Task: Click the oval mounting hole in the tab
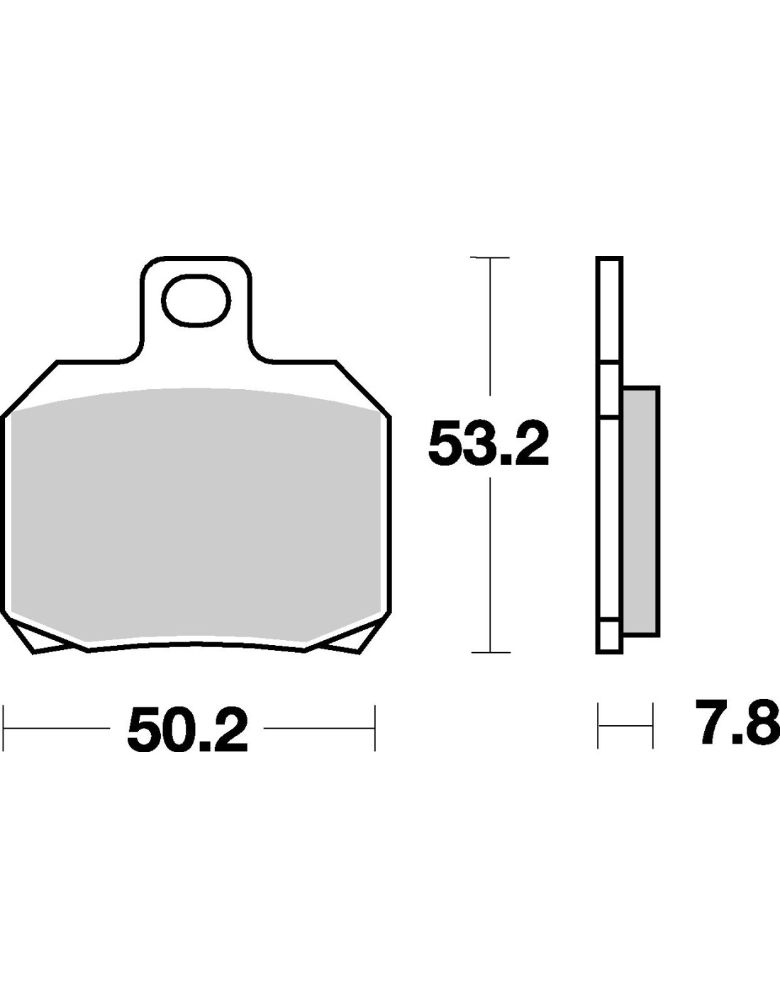pos(196,300)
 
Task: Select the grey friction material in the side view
pos(641,511)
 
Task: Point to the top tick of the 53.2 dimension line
pos(490,257)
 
